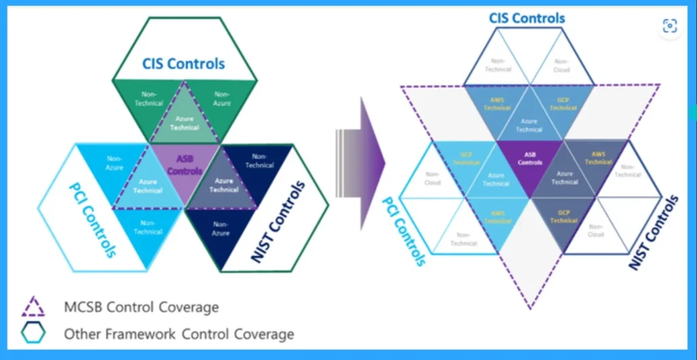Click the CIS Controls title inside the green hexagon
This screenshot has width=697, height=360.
183,64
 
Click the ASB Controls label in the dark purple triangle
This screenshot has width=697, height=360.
530,159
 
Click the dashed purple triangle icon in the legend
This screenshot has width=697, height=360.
33,307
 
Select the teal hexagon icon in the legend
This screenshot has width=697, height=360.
33,333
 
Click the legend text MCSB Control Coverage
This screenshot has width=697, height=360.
142,307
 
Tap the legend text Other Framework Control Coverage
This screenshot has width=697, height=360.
179,334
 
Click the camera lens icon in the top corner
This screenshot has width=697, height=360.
670,26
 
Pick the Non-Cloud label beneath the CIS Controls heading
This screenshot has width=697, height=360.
562,65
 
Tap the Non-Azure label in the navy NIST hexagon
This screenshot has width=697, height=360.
220,228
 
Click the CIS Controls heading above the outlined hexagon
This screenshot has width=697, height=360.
527,17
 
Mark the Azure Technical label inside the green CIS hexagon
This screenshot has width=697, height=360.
184,123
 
